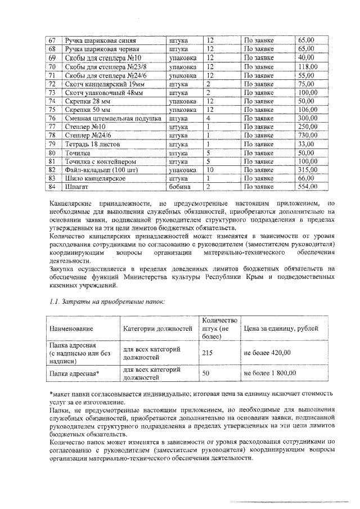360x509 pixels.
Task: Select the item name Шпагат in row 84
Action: tap(76, 187)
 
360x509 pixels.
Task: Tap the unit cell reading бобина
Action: tap(179, 187)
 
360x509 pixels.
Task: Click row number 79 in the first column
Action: tap(52, 144)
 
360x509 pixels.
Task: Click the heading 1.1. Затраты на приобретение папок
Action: tap(106, 304)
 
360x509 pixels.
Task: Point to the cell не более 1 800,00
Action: tap(269, 373)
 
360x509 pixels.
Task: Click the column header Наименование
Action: tap(71, 328)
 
